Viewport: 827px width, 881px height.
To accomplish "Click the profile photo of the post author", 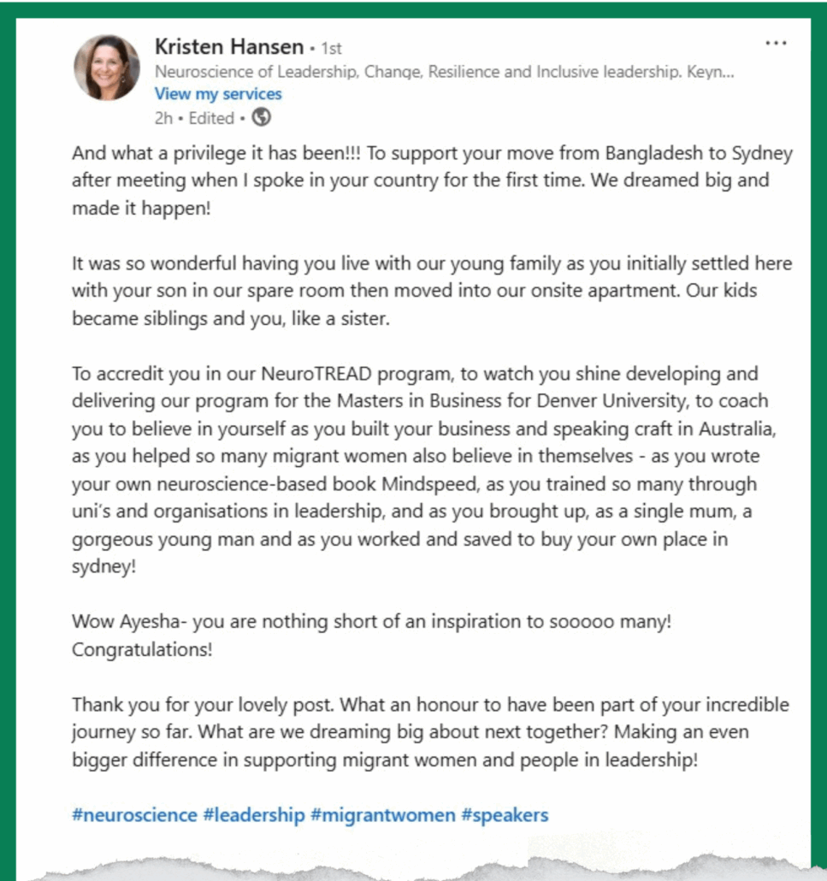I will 107,68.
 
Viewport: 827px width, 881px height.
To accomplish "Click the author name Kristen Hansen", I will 228,46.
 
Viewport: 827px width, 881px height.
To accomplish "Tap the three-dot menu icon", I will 776,43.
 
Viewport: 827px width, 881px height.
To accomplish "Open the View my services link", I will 218,94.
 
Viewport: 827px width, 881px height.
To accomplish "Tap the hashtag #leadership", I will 254,814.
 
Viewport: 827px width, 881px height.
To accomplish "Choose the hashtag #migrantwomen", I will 383,814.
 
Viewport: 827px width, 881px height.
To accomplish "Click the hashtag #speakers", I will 505,814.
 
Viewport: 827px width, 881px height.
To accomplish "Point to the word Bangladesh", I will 650,155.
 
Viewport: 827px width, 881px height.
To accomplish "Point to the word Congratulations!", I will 142,649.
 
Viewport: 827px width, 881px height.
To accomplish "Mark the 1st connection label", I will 331,49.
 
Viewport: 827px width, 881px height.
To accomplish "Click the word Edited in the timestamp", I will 211,118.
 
